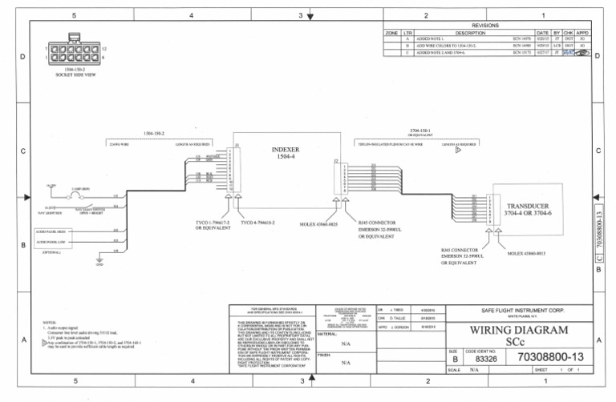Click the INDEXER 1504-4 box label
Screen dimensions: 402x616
(x=286, y=153)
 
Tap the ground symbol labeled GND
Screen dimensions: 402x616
(x=99, y=261)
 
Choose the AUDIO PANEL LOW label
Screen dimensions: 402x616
(x=51, y=241)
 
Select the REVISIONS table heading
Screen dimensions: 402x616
(x=486, y=26)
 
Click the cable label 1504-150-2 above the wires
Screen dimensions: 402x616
(x=154, y=132)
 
